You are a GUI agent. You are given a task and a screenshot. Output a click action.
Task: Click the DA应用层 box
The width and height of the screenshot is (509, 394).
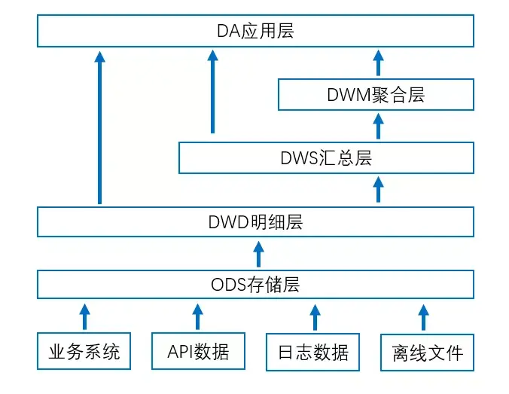[255, 32]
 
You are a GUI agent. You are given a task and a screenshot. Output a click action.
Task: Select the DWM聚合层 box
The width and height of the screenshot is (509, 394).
[376, 94]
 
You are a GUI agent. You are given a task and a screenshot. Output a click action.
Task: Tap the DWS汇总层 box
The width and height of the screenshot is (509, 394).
[326, 158]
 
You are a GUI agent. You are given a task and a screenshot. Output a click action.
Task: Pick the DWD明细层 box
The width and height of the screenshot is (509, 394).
[255, 222]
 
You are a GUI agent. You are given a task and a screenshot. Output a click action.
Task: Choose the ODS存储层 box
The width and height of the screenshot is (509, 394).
[255, 285]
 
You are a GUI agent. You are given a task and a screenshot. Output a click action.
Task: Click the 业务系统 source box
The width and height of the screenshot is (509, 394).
[84, 352]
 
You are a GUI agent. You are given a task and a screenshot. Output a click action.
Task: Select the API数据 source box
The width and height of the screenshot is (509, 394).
[197, 352]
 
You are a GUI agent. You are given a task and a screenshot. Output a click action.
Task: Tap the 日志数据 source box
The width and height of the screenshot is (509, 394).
[312, 352]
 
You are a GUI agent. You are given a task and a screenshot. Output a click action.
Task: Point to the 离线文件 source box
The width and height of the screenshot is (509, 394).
[427, 352]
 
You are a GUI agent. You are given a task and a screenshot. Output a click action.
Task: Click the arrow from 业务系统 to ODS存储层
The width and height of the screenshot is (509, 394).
[84, 317]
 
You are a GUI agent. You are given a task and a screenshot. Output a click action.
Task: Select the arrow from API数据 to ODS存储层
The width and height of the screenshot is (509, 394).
[197, 317]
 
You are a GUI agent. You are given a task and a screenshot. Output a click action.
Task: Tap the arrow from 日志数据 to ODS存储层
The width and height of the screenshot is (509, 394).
[312, 317]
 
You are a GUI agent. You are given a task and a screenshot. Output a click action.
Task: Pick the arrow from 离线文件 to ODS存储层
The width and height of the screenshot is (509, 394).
[423, 317]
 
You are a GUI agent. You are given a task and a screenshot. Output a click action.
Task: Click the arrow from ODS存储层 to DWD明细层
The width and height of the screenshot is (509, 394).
[258, 254]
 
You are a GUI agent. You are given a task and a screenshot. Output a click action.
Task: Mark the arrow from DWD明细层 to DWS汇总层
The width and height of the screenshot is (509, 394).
[378, 190]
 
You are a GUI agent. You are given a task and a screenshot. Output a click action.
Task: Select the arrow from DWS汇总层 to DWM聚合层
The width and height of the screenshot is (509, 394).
[378, 126]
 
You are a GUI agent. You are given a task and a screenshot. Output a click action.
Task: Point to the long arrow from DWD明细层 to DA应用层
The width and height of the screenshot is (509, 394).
[99, 128]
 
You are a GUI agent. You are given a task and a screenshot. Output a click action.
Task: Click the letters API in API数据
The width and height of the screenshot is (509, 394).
[178, 352]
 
